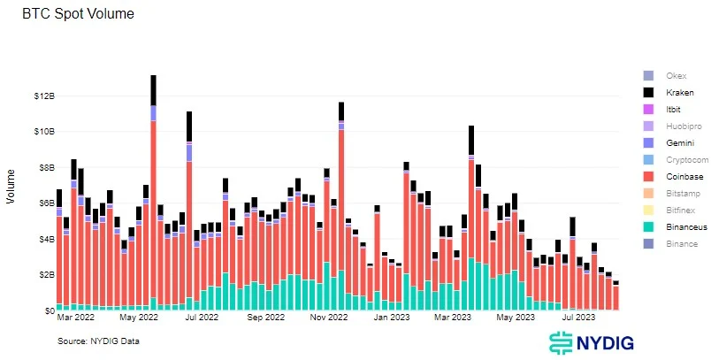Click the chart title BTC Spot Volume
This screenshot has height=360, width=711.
(x=59, y=15)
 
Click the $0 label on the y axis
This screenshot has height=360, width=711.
(x=42, y=310)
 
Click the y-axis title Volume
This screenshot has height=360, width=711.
(x=11, y=187)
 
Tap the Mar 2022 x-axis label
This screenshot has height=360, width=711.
(x=76, y=316)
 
